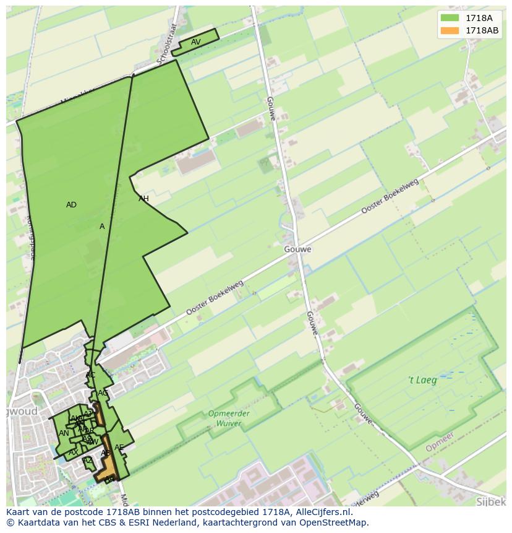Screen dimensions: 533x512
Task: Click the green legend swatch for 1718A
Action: point(450,18)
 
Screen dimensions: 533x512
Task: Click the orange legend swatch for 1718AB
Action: point(450,30)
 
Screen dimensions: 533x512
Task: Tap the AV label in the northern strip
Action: point(195,42)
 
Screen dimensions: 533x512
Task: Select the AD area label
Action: point(71,205)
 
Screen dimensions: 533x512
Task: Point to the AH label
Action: point(143,199)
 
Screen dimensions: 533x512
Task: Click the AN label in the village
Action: point(64,433)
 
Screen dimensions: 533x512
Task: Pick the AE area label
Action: point(119,448)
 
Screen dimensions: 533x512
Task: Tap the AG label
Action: point(103,393)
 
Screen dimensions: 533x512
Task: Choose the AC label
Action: point(90,375)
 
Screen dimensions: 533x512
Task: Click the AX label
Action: point(73,453)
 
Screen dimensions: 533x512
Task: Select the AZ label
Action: point(88,460)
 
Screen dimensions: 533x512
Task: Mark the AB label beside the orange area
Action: point(106,453)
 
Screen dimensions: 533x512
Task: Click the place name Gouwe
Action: point(298,249)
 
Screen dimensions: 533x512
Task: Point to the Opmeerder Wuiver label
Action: point(228,418)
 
